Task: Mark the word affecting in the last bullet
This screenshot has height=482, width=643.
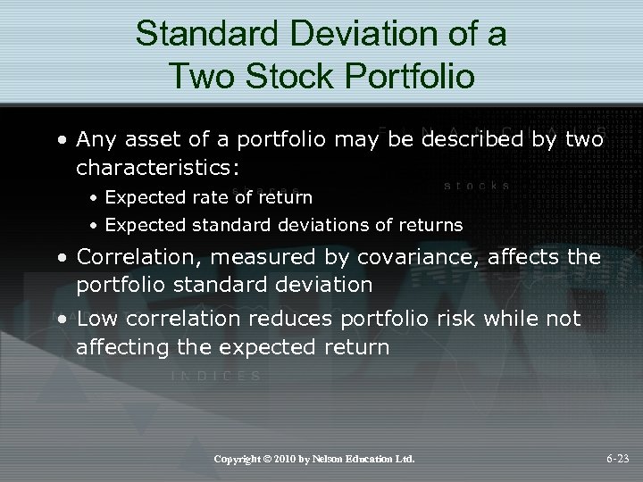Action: click(x=121, y=346)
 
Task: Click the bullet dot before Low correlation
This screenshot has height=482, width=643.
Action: click(x=65, y=320)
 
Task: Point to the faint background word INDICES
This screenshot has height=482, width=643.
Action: click(x=216, y=377)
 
